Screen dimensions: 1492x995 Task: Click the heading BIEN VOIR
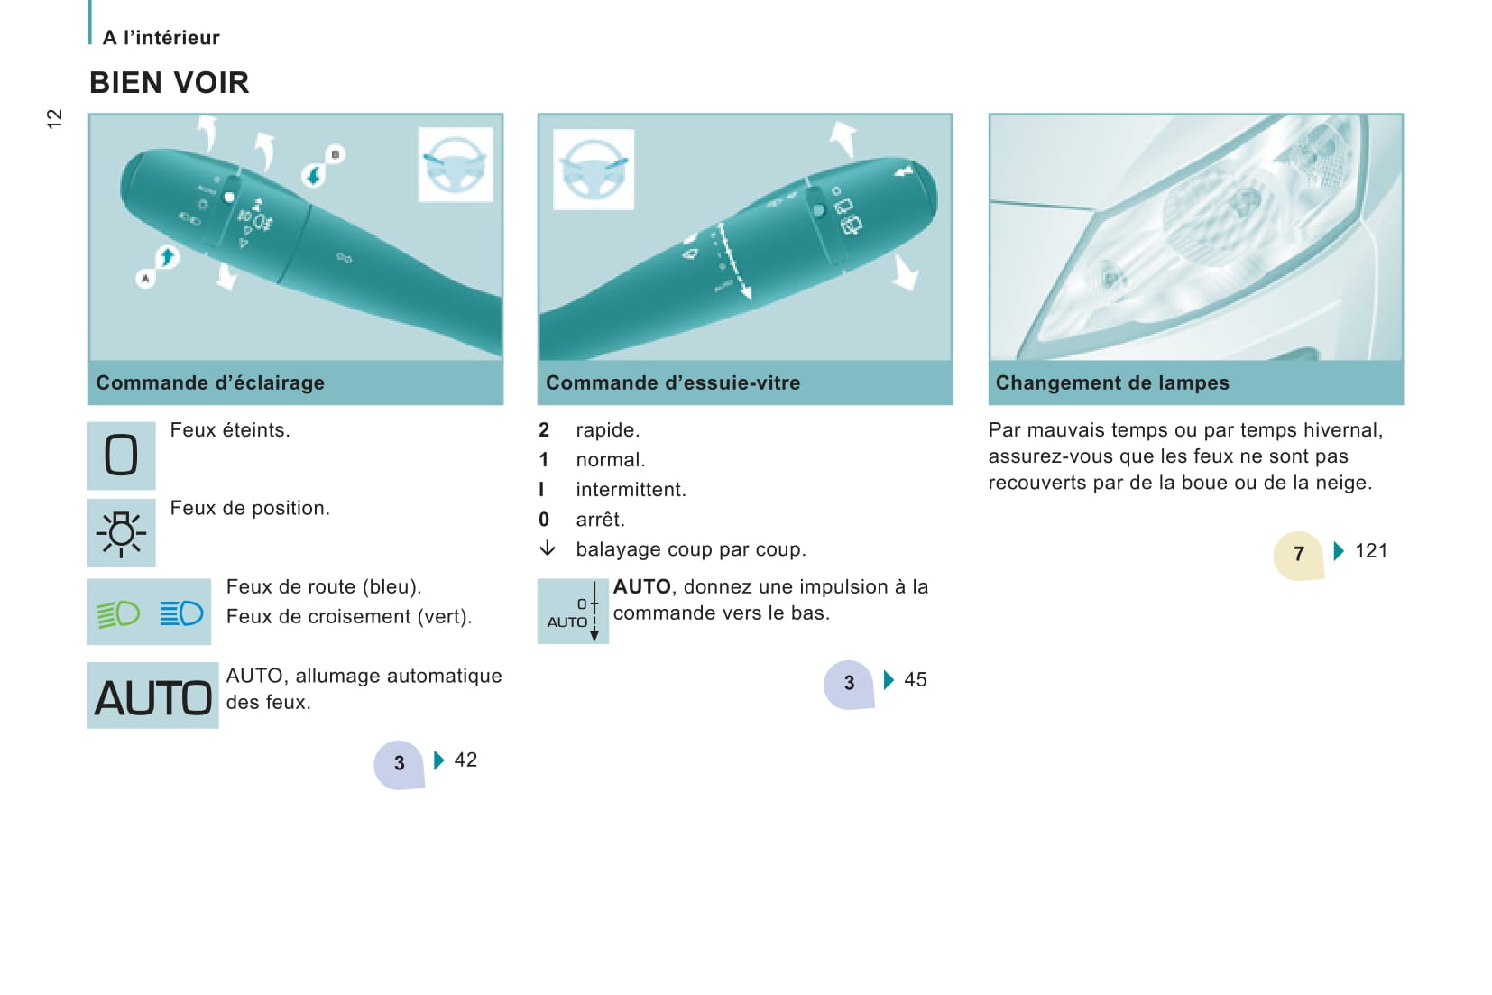tap(170, 83)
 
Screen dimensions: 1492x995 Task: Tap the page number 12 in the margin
tap(54, 118)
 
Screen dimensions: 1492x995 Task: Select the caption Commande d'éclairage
tap(210, 383)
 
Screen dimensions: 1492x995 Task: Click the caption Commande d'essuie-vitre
tap(673, 383)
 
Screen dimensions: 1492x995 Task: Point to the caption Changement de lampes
tap(1112, 383)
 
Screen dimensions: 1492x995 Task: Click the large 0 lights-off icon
tap(121, 456)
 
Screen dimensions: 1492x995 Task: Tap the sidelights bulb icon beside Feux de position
tap(121, 533)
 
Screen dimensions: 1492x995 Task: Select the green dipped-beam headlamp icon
tap(118, 613)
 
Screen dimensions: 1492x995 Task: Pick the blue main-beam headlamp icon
tap(181, 613)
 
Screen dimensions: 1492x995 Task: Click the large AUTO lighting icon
tap(153, 696)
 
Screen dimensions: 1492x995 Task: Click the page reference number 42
tap(465, 760)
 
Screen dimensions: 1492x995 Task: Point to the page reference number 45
tap(916, 680)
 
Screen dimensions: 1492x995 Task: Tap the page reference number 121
tap(1371, 551)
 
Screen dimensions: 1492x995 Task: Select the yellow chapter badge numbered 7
tap(1298, 556)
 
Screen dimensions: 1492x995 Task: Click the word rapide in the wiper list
tap(607, 430)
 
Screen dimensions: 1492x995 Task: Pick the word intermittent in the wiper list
tap(631, 490)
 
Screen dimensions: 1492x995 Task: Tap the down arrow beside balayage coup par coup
tap(547, 548)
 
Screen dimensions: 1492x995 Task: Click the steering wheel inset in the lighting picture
tap(455, 164)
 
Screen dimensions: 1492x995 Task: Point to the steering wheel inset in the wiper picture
tap(594, 170)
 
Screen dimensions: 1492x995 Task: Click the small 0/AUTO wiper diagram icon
tap(573, 612)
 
